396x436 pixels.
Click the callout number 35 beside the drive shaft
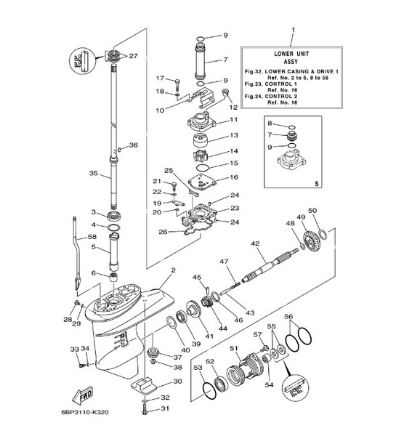[93, 174]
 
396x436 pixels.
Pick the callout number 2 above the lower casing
[173, 271]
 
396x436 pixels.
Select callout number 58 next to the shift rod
[93, 237]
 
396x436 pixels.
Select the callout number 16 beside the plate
[233, 177]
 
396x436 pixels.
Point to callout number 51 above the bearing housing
[234, 349]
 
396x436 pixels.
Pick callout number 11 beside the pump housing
[233, 119]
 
